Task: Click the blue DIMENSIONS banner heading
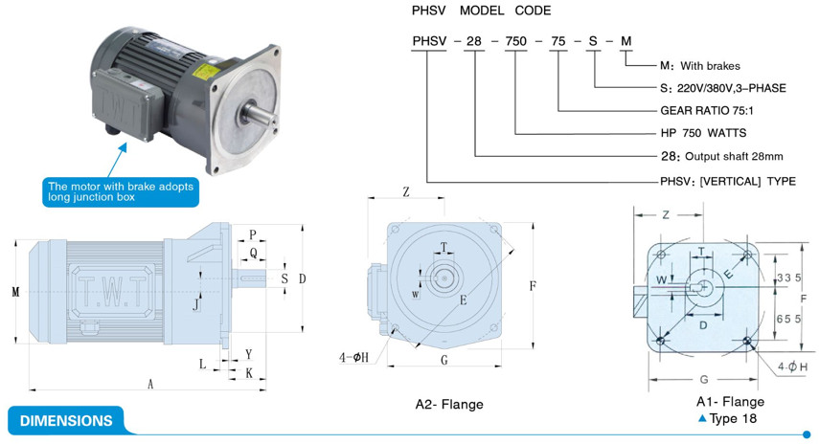[x=66, y=420]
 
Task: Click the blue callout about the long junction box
[x=119, y=191]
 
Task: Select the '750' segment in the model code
[x=515, y=41]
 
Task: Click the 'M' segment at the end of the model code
[x=626, y=41]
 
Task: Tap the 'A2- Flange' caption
[x=449, y=404]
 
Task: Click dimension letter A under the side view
[x=150, y=384]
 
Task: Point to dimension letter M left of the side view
[x=15, y=291]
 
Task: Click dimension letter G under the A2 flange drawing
[x=444, y=360]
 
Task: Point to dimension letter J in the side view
[x=196, y=305]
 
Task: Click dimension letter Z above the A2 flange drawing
[x=406, y=191]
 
